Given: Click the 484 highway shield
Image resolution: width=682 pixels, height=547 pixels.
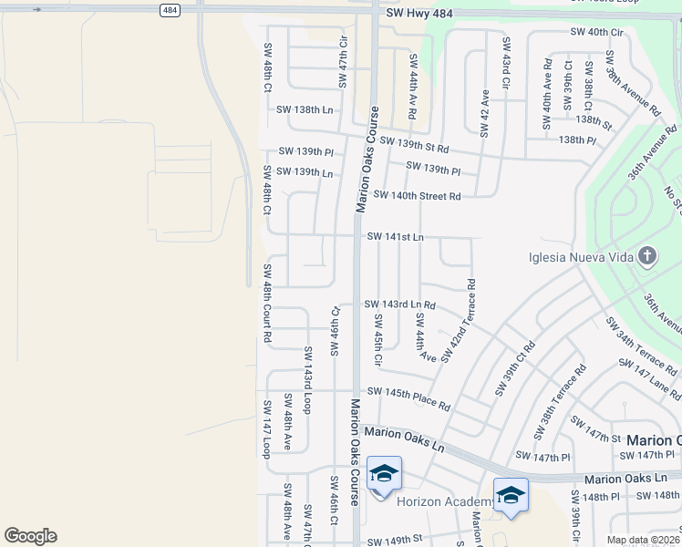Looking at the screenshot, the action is click(170, 10).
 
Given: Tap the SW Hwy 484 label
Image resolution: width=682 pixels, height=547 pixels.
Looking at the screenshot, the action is click(419, 13).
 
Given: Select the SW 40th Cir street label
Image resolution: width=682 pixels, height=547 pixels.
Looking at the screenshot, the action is click(596, 32).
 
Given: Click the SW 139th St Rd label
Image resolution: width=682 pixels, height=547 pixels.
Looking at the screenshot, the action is click(415, 144).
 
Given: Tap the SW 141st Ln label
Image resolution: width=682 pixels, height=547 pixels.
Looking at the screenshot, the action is click(395, 237).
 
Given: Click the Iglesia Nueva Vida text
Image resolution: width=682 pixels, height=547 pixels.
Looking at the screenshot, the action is click(581, 257).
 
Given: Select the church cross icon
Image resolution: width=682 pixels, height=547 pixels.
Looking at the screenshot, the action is click(646, 256).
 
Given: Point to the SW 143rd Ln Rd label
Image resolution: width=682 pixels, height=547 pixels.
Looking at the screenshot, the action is click(399, 304).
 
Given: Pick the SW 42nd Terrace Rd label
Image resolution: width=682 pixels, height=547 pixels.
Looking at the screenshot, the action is click(459, 319).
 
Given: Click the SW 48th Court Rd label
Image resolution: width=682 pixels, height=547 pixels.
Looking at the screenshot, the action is click(267, 303).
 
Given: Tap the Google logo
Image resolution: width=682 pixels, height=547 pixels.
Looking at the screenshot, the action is click(30, 536).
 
